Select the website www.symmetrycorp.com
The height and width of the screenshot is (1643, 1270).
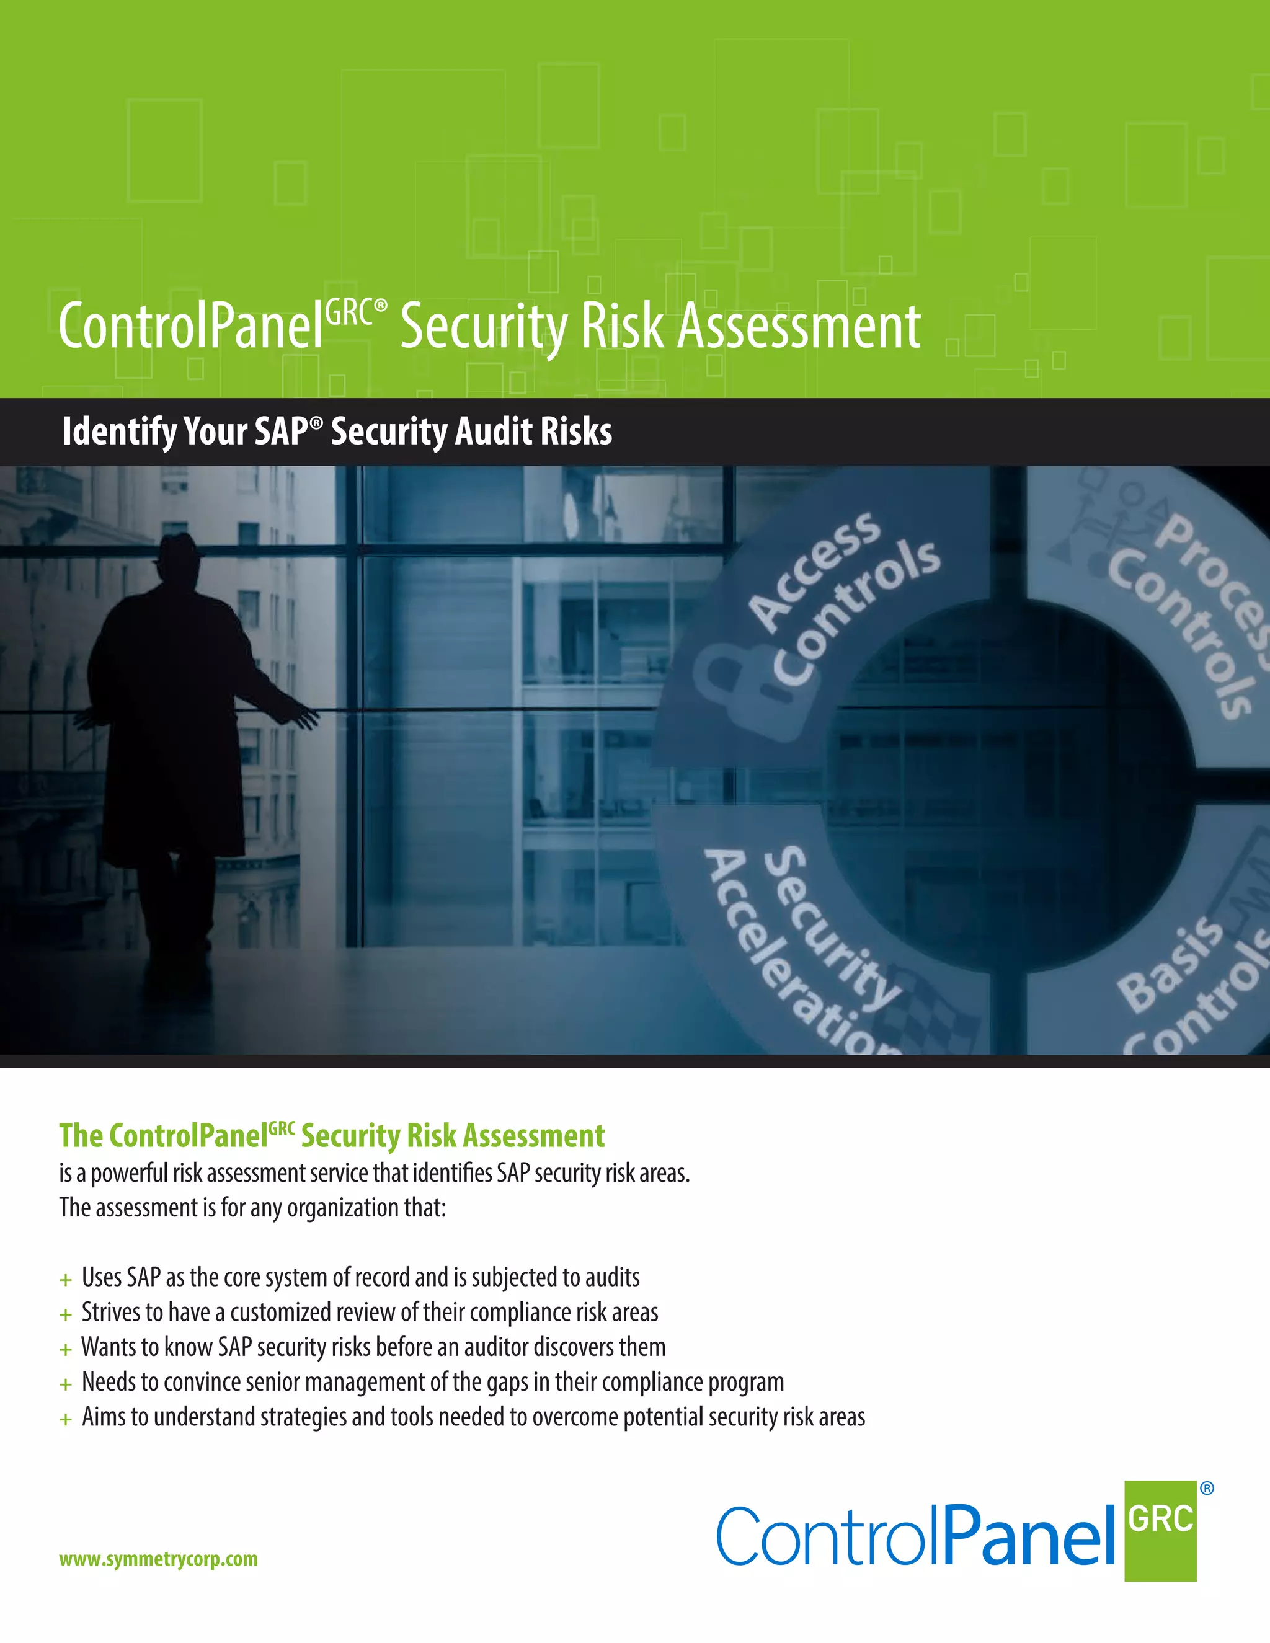[158, 1559]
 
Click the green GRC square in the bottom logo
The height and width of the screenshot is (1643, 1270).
[1160, 1531]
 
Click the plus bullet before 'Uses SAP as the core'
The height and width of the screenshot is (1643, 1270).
[66, 1280]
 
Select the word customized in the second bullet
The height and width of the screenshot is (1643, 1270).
[281, 1313]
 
